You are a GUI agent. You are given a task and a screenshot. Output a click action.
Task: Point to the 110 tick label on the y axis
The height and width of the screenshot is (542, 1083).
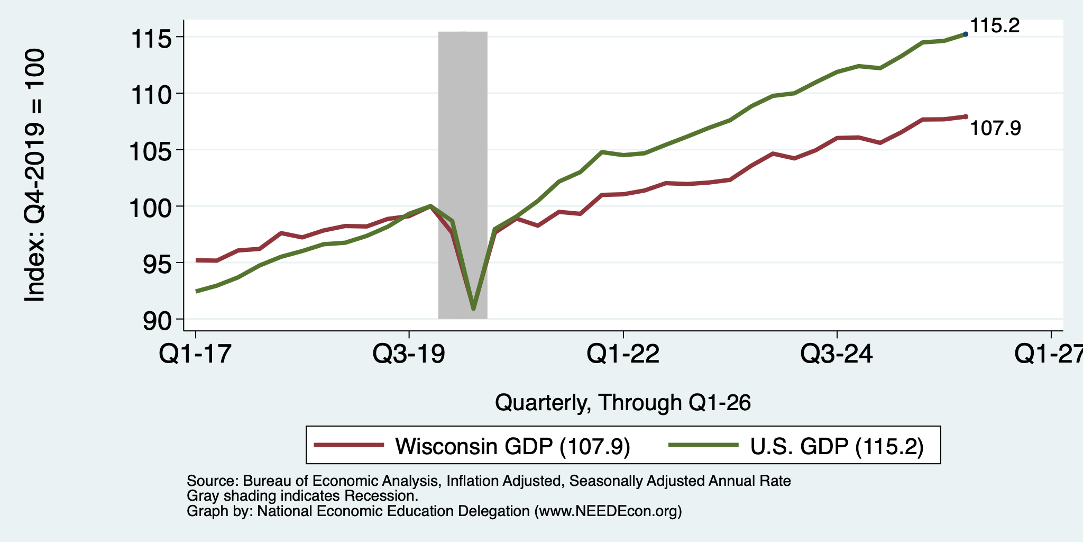point(151,95)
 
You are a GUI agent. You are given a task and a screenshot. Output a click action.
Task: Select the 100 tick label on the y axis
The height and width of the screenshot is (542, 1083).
point(151,207)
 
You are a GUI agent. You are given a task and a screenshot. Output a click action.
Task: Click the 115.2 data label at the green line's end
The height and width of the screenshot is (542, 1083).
point(995,25)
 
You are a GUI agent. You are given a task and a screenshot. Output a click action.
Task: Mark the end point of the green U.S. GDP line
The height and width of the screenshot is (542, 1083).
point(966,34)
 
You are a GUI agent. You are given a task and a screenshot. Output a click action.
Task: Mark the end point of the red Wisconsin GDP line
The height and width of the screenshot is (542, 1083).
point(966,116)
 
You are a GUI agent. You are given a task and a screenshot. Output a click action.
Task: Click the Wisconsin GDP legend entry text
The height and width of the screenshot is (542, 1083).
point(512,446)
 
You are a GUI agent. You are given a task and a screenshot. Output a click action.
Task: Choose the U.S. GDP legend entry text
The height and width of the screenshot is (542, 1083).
point(837,446)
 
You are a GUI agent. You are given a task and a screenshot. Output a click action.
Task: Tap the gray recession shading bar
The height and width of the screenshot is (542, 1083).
point(463,175)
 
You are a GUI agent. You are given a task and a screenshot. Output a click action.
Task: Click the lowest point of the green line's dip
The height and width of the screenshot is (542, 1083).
point(473,309)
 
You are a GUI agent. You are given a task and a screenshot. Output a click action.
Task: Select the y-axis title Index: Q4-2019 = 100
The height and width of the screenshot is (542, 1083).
point(35,175)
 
